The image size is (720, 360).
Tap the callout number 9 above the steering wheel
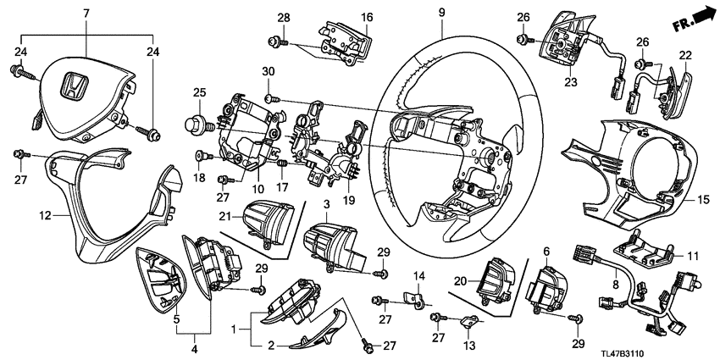(441, 13)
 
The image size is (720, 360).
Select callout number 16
(367, 17)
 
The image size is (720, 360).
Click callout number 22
(684, 56)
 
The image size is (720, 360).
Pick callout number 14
(418, 275)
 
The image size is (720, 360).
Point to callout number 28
(284, 18)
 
